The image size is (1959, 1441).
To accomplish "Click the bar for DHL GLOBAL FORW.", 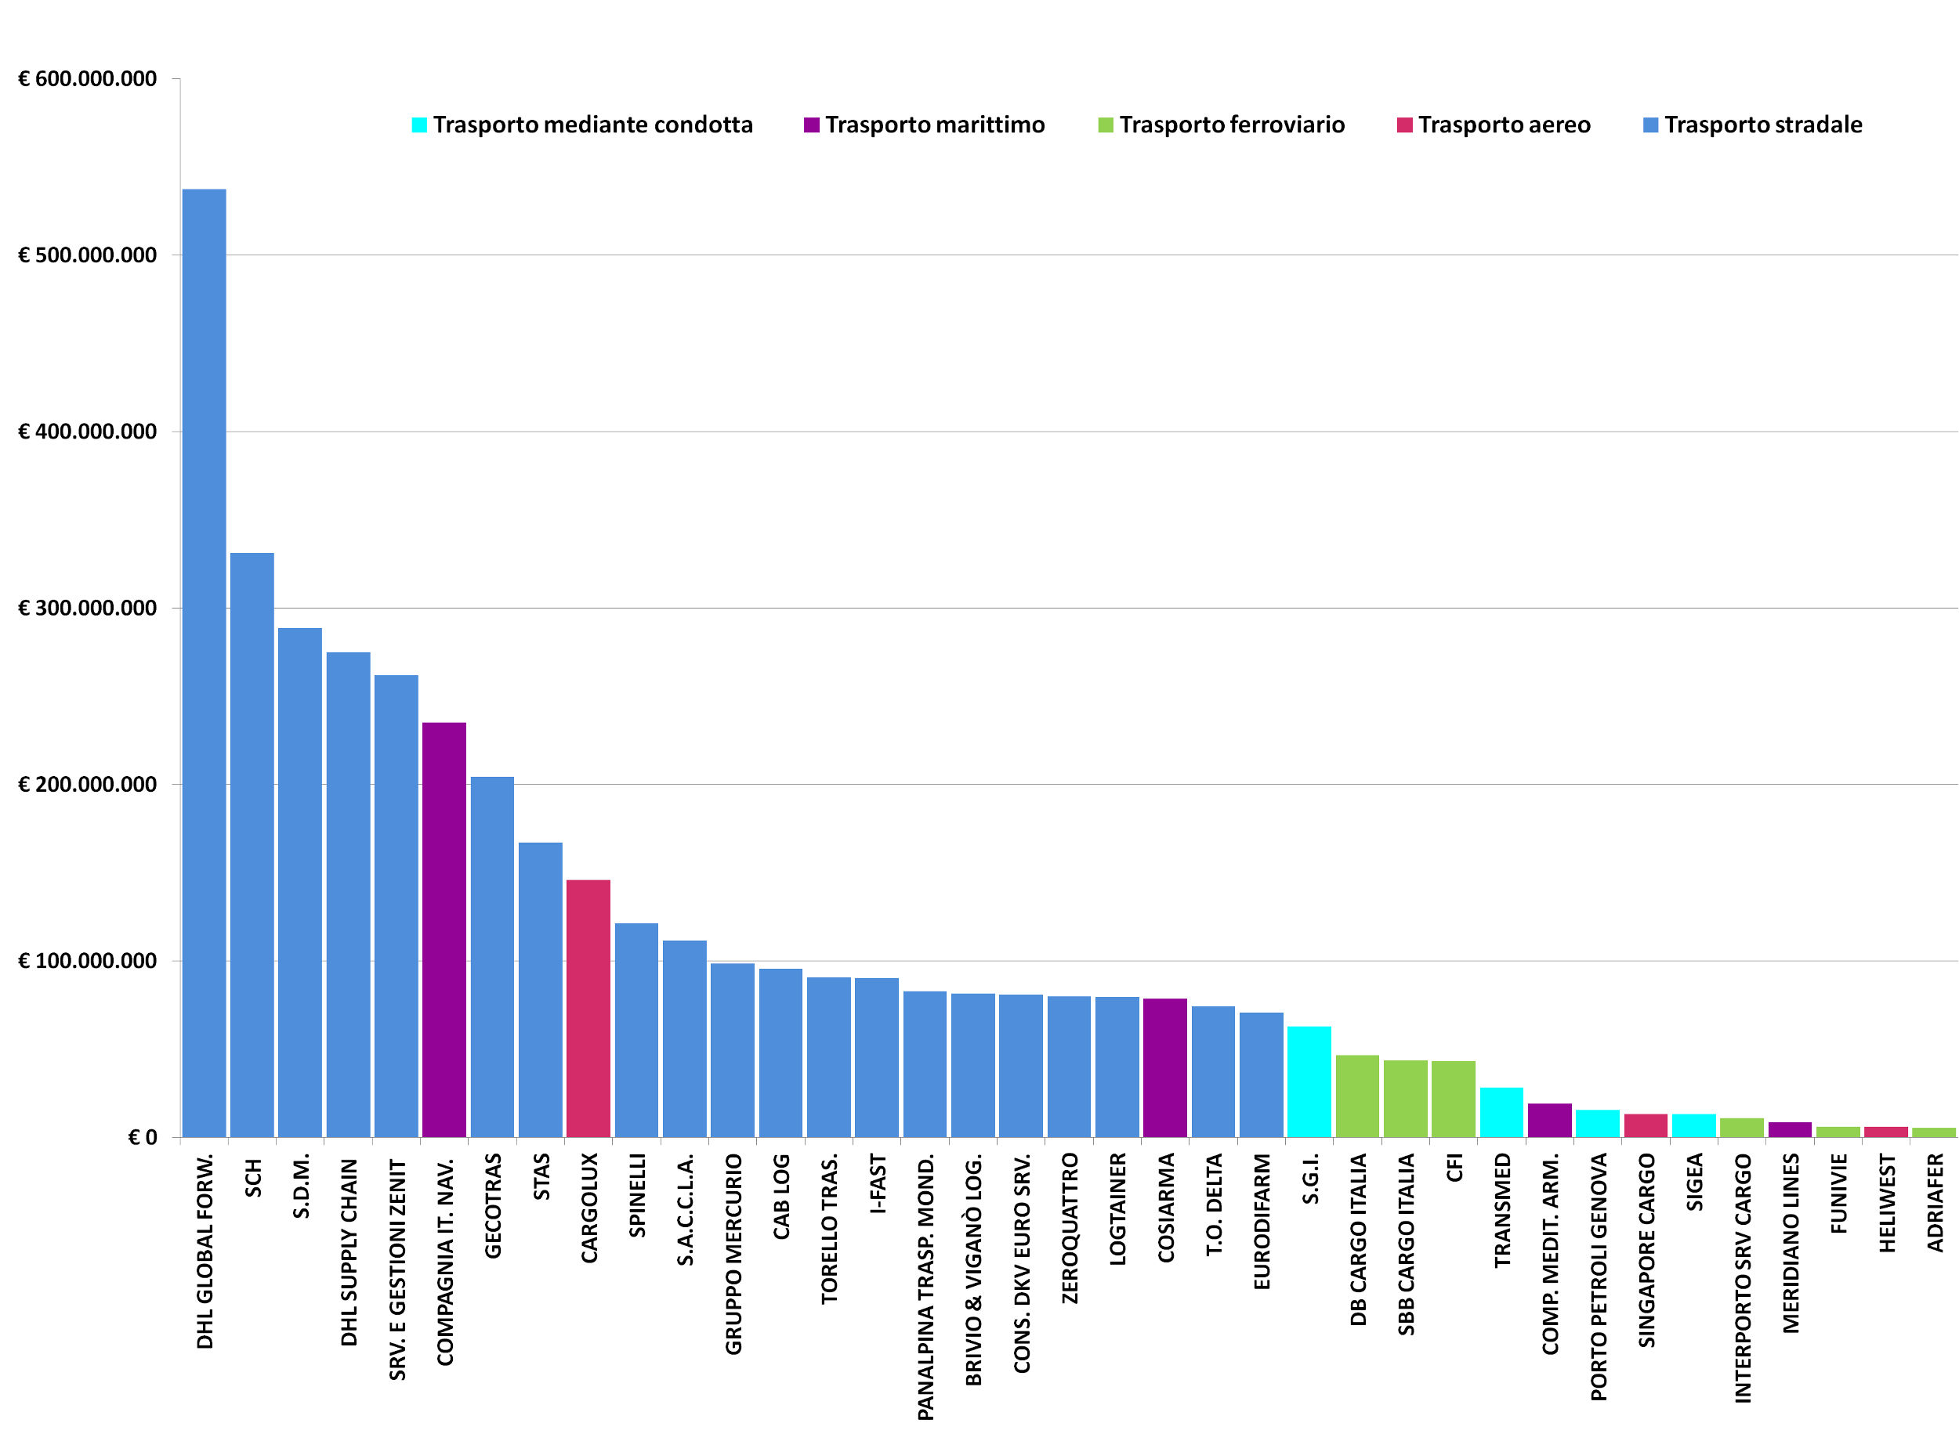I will coord(205,663).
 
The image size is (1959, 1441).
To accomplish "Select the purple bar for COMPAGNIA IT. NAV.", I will coord(444,930).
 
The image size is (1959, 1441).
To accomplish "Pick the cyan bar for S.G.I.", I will coord(1309,1082).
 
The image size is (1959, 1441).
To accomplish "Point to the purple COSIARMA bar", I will coord(1165,1067).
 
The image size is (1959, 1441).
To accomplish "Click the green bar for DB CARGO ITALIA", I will coord(1357,1096).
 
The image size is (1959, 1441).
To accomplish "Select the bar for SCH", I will coord(252,844).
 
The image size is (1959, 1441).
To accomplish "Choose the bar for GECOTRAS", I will coord(492,957).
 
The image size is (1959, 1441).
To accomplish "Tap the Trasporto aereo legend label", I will coord(1504,125).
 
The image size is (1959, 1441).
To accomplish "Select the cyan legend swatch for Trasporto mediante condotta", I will coord(420,125).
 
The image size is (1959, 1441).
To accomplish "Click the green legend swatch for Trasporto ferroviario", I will coord(1106,125).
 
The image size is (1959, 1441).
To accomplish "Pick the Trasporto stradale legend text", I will coord(1762,125).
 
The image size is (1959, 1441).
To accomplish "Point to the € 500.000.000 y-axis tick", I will coord(87,255).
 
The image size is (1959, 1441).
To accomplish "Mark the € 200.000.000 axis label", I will coord(87,784).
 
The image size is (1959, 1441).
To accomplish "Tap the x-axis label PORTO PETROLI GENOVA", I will coord(1599,1277).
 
